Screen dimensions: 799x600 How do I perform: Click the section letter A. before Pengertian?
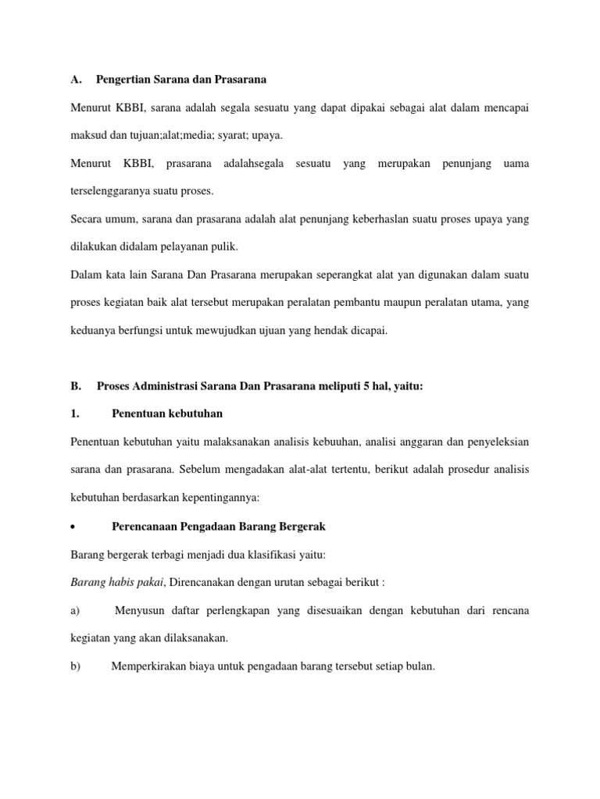[x=76, y=79]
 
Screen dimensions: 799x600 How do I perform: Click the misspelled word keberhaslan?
[x=363, y=219]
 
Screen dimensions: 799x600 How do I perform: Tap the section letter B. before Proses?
[x=76, y=385]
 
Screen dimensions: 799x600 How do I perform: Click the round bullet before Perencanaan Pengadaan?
[x=73, y=527]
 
